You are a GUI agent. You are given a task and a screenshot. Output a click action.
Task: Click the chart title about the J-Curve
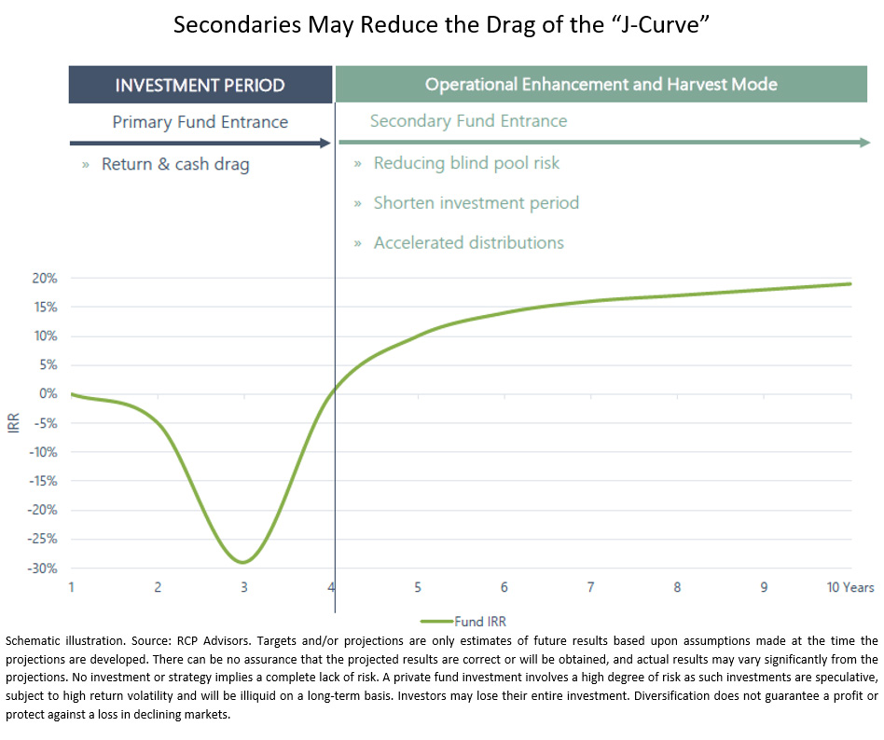(441, 25)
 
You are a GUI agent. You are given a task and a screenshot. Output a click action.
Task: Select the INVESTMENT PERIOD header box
(200, 85)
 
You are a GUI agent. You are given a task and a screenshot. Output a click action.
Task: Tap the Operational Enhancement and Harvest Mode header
(601, 85)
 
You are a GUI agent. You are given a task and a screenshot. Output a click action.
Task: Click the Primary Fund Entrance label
(200, 122)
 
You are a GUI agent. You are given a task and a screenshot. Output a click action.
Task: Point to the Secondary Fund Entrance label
(468, 121)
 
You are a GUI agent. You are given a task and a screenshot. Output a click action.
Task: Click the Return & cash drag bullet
(175, 165)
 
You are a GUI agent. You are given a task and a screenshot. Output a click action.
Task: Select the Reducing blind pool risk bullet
(466, 163)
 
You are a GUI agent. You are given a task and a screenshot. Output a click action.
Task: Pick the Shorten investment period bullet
(476, 203)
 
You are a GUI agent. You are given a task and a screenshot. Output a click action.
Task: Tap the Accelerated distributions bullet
(468, 243)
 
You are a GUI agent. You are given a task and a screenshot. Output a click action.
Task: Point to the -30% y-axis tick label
(44, 569)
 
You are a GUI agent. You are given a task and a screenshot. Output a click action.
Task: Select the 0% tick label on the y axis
(48, 394)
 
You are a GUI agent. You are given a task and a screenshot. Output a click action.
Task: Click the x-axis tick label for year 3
(243, 588)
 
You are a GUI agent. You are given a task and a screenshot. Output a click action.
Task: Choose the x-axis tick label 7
(590, 588)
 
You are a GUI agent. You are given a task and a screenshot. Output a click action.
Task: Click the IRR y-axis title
(13, 424)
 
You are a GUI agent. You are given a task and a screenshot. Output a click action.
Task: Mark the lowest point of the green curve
(242, 562)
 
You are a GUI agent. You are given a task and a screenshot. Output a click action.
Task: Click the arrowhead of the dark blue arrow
(326, 143)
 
